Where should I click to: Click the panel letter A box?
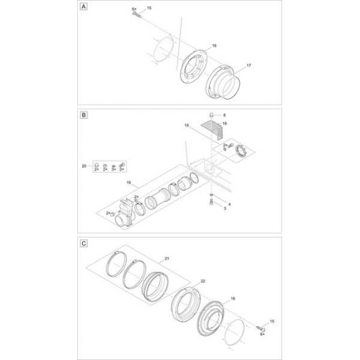84,8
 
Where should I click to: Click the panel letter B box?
84,115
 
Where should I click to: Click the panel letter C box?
84,243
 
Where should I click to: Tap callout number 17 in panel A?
249,65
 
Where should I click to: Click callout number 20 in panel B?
84,167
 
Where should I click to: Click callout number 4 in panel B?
230,204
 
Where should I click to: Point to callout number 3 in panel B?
225,210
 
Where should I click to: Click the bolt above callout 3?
212,199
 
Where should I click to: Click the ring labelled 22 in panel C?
185,301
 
